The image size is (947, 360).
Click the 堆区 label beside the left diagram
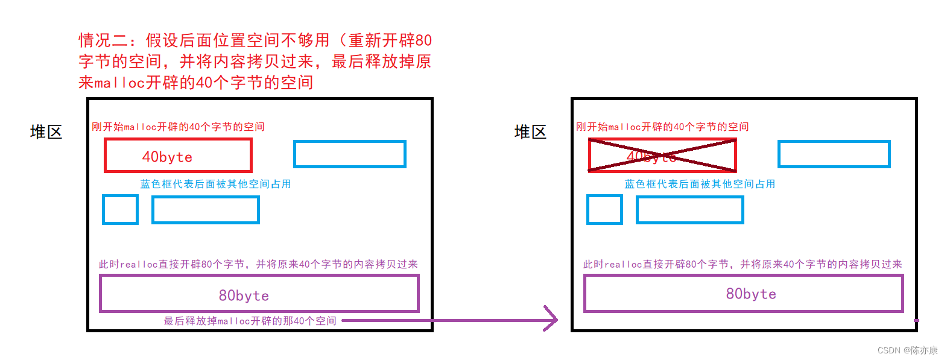pos(46,132)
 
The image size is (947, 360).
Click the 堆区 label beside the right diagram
pos(530,132)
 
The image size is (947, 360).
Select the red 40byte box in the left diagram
pos(178,156)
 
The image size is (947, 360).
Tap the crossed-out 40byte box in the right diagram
pos(662,156)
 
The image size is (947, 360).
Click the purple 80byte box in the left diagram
pos(259,294)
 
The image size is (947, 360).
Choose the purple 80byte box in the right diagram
pos(743,294)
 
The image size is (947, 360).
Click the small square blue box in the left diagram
pos(121,209)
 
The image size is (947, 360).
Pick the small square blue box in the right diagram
pos(604,209)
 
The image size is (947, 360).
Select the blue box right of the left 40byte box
pos(350,154)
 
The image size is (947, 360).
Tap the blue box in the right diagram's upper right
pos(834,154)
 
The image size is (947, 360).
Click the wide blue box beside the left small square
pos(206,210)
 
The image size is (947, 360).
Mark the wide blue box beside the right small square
pos(689,210)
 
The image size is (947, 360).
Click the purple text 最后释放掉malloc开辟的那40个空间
pos(250,321)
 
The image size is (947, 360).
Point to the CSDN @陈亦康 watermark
pos(907,350)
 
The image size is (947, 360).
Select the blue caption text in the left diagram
pos(215,184)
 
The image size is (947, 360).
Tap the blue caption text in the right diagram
pos(700,184)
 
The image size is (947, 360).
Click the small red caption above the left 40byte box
pos(178,127)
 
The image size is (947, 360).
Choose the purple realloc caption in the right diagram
pos(743,264)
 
